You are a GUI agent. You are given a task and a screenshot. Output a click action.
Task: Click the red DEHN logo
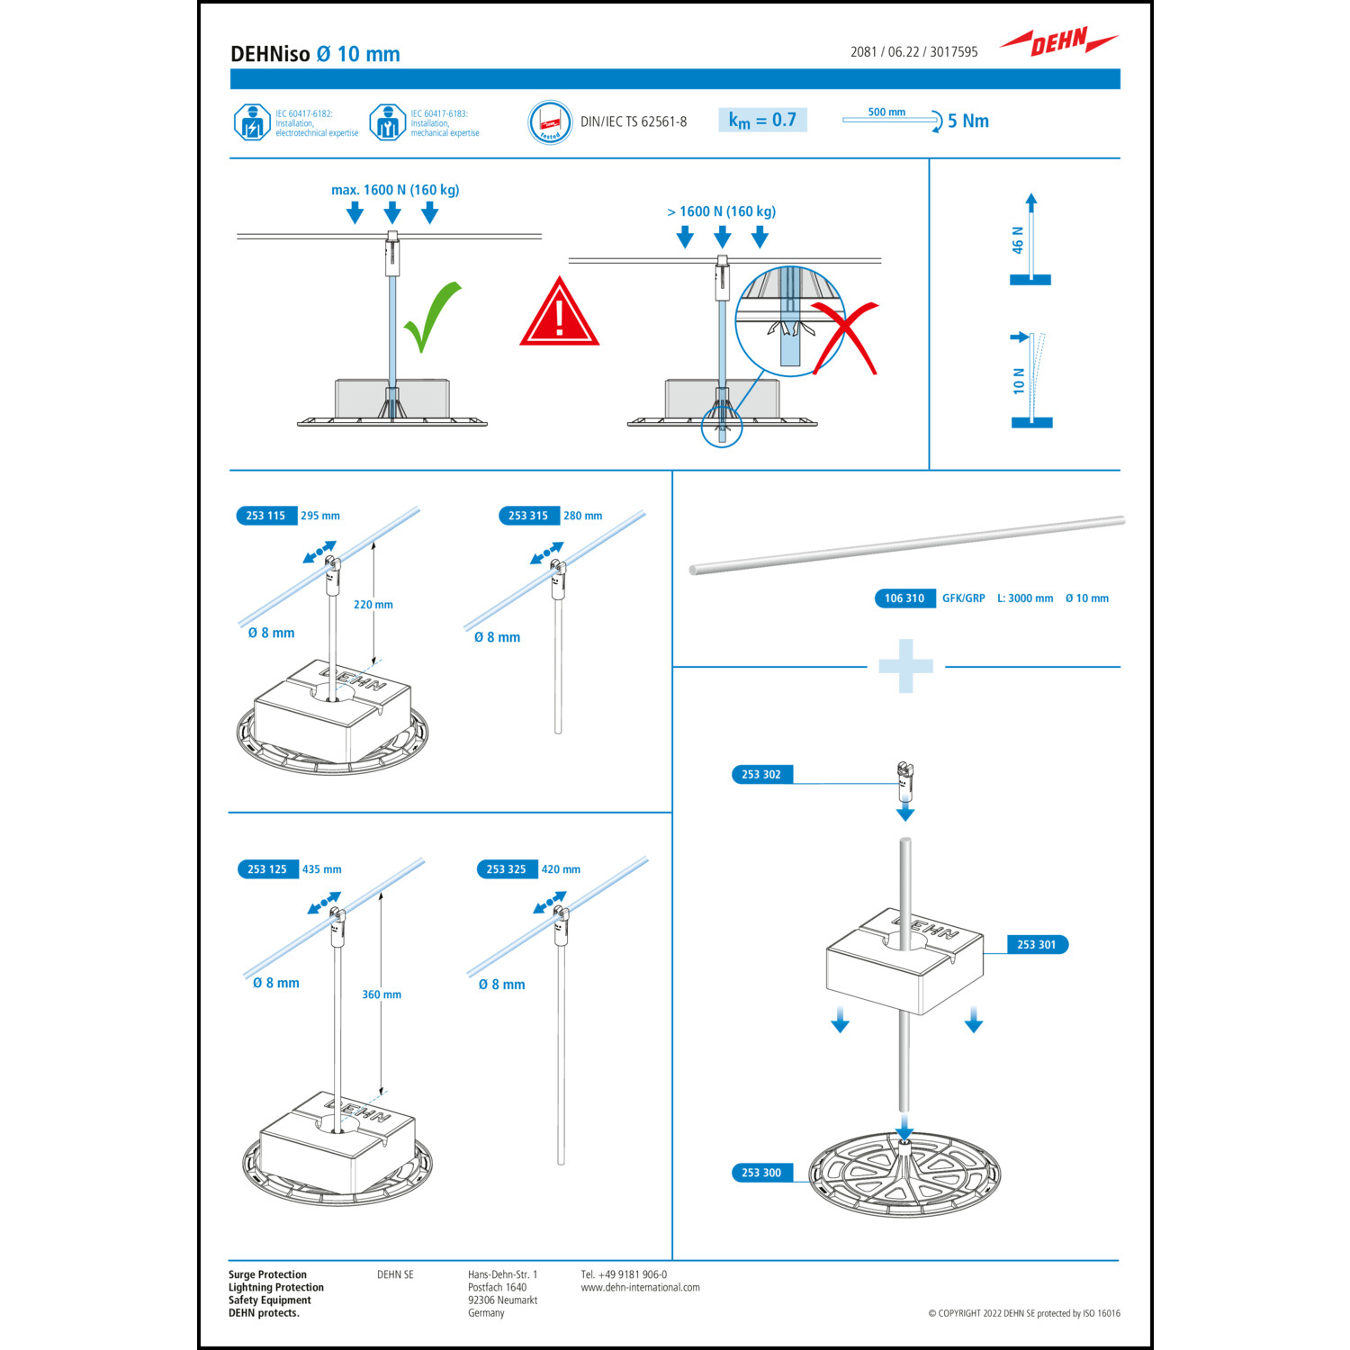coord(1058,41)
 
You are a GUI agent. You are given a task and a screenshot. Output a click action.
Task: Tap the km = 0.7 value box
coord(762,120)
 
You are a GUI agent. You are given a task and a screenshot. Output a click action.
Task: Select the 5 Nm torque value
coord(967,121)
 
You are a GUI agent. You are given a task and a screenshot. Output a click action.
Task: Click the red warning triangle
coord(559,315)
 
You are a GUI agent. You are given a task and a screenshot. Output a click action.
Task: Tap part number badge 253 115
coord(265,516)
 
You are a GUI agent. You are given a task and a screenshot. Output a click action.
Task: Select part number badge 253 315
coord(527,516)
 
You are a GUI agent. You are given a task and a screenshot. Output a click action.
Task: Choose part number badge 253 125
coord(266,869)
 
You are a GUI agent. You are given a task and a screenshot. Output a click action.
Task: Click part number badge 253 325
coord(506,869)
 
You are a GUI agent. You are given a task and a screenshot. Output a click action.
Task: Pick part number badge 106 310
coord(904,598)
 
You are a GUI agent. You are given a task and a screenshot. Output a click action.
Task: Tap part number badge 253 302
coord(761,775)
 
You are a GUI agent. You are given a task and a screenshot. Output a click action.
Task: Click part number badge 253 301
coord(1036,945)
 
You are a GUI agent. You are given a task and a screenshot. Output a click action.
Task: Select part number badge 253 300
coord(761,1173)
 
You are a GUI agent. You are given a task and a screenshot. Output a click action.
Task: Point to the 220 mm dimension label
coord(373,605)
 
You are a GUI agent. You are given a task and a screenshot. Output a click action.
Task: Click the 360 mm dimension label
coord(382,994)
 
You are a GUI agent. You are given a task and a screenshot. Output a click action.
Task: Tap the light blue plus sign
coord(905,666)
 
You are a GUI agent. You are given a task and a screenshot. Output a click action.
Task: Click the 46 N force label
coord(1018,240)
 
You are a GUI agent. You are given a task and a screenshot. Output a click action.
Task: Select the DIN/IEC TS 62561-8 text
coord(634,121)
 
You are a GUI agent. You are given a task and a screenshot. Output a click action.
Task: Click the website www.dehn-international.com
coord(640,1288)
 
